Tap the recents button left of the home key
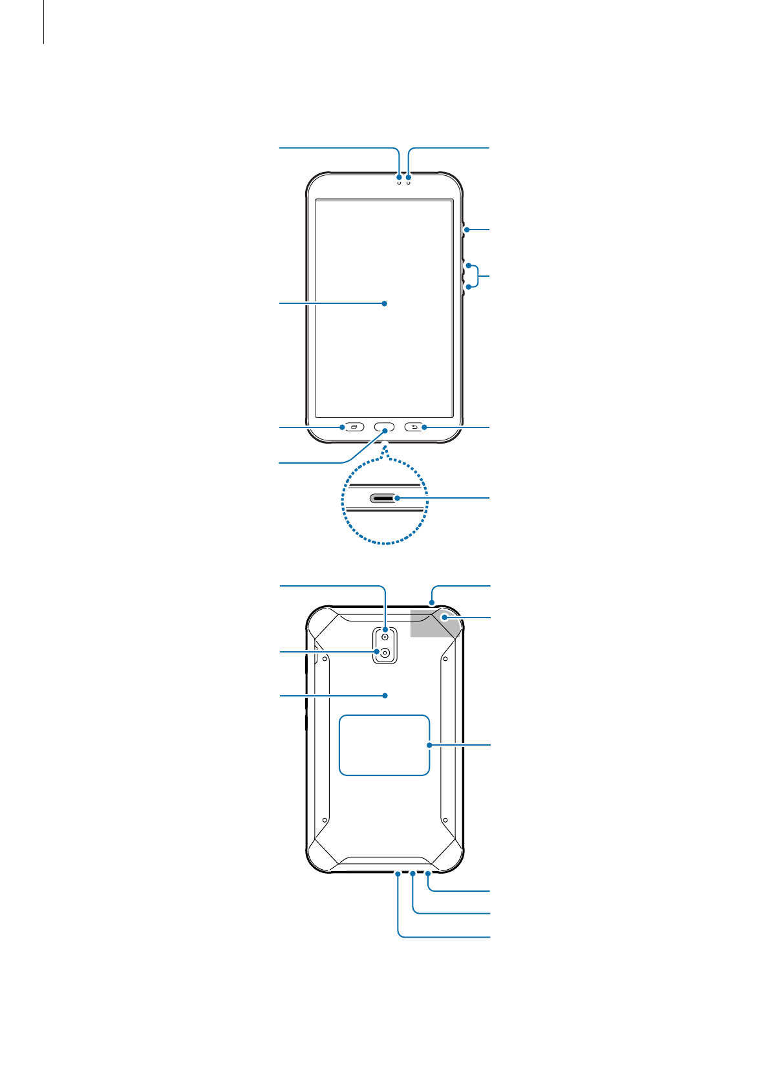pyautogui.click(x=353, y=427)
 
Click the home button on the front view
pyautogui.click(x=385, y=427)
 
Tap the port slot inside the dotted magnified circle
pyautogui.click(x=383, y=499)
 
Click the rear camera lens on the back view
pyautogui.click(x=385, y=653)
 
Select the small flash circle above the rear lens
pyautogui.click(x=385, y=637)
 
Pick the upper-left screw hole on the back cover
pyautogui.click(x=325, y=660)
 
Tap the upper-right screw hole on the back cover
pyautogui.click(x=445, y=660)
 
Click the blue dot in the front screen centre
pyautogui.click(x=385, y=303)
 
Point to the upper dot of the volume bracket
pyautogui.click(x=468, y=266)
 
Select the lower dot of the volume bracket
pyautogui.click(x=468, y=286)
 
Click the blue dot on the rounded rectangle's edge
pyautogui.click(x=429, y=745)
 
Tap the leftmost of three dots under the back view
pyautogui.click(x=398, y=874)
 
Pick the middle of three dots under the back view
pyautogui.click(x=413, y=874)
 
